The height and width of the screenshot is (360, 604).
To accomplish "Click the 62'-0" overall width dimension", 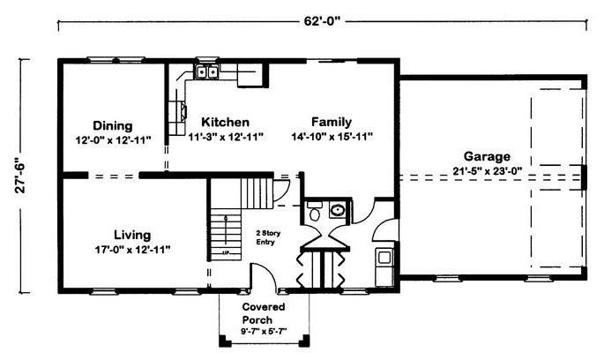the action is (323, 21).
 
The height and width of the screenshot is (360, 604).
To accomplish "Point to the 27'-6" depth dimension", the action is (20, 176).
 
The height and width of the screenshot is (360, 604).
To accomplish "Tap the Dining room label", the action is (113, 125).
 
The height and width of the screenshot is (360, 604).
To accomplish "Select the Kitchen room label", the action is (226, 122).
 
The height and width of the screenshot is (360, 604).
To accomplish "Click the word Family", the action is (332, 122).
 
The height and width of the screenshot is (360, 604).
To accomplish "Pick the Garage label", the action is (487, 156).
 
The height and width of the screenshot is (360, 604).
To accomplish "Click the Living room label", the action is (132, 235).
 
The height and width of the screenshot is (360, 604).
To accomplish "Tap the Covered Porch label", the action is (264, 313).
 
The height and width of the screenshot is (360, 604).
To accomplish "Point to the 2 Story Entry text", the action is (268, 237).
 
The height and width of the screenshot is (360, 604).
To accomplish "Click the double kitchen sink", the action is (206, 72).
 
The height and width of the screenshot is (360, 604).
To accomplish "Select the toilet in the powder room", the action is (315, 211).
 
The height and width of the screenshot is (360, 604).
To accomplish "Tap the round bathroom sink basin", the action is (338, 210).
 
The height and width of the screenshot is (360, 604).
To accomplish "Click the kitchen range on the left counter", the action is (178, 112).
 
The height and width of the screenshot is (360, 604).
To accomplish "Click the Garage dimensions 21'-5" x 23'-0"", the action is (488, 171).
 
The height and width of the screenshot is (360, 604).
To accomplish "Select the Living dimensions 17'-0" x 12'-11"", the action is (132, 250).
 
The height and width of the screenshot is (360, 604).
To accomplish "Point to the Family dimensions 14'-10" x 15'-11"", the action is (332, 137).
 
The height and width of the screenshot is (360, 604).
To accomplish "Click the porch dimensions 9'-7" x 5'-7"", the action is (264, 331).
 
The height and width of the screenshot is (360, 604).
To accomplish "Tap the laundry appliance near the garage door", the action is (384, 257).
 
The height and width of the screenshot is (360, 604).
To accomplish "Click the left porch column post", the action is (223, 341).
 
